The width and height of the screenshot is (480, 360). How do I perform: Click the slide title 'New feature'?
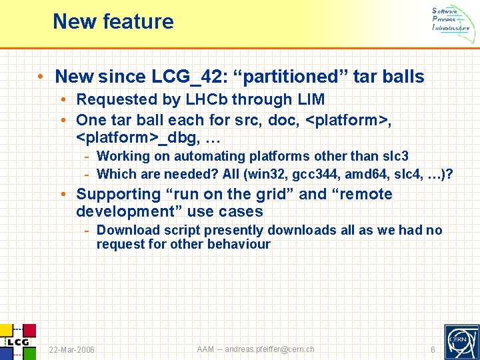click(x=113, y=21)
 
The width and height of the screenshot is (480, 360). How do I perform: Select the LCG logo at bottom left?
click(x=18, y=341)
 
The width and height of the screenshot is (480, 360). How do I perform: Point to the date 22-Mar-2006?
click(x=72, y=350)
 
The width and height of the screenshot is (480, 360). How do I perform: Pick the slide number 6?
click(x=433, y=350)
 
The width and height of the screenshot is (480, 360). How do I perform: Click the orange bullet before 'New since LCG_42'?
click(x=41, y=77)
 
